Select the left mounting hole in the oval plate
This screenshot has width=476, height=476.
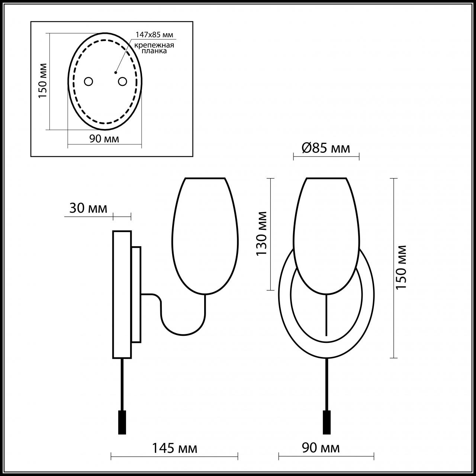[89, 81]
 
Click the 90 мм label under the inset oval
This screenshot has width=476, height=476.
[104, 139]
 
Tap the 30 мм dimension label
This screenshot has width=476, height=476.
[88, 208]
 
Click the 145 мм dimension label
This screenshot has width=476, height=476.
[174, 448]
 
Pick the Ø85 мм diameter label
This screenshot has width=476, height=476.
[326, 148]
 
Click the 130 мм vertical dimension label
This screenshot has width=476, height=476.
[261, 233]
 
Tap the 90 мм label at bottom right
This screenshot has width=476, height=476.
[321, 448]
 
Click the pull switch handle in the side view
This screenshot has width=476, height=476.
[122, 422]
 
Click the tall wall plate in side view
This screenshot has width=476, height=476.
[122, 294]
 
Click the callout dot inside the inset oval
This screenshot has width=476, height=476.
[116, 72]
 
